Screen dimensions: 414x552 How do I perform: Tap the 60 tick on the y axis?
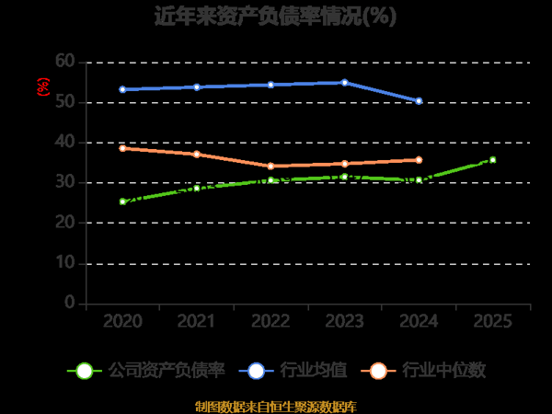[64, 61]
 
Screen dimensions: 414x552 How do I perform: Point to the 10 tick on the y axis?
[64, 263]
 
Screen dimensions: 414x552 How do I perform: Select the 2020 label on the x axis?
[122, 321]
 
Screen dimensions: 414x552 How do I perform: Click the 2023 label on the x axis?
[344, 321]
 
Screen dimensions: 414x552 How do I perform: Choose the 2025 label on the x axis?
[492, 321]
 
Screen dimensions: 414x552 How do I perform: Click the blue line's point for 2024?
[419, 101]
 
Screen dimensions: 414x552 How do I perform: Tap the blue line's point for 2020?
[122, 89]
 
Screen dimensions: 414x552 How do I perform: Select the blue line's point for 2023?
[344, 82]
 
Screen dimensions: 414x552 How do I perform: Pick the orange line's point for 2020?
[122, 147]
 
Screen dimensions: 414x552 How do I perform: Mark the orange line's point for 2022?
[270, 167]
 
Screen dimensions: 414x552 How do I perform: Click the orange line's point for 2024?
[419, 160]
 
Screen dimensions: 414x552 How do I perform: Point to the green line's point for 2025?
[492, 160]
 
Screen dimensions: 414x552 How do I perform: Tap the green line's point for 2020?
[122, 201]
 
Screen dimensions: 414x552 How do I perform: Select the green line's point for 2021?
[196, 188]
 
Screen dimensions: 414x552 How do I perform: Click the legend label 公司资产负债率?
[167, 371]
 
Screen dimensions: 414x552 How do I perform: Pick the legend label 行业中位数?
[448, 371]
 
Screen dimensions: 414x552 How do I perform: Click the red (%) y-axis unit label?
[42, 87]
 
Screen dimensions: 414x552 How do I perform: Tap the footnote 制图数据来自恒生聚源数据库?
[276, 406]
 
